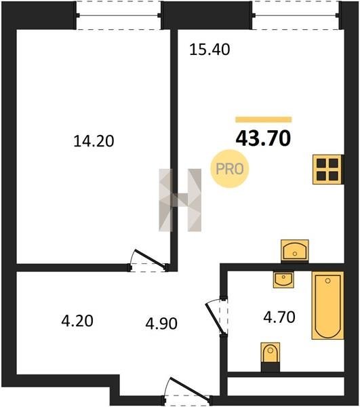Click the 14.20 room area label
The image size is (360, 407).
click(94, 142)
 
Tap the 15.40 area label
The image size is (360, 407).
click(209, 50)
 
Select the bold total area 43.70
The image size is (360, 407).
click(263, 138)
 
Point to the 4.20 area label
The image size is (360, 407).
click(77, 321)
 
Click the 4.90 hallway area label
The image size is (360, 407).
click(161, 324)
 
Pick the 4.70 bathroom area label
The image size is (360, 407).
click(279, 317)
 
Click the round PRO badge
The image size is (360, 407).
click(230, 169)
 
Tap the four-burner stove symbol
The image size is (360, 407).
click(328, 170)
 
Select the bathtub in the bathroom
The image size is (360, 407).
click(328, 305)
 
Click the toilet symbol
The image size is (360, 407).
click(271, 357)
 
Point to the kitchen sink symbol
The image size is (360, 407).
click(295, 250)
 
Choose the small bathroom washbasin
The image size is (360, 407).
click(283, 279)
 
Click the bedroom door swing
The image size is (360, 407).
click(149, 260)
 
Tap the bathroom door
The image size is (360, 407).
click(215, 317)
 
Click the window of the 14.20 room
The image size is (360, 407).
click(119, 15)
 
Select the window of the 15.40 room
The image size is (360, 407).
click(296, 15)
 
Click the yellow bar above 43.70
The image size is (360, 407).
click(264, 119)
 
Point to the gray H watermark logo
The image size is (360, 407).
click(180, 200)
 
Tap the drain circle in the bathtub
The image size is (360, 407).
click(328, 281)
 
